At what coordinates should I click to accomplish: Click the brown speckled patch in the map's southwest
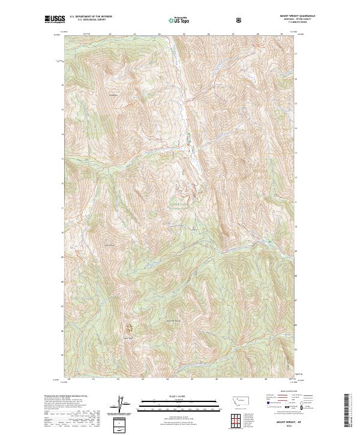tap(130, 328)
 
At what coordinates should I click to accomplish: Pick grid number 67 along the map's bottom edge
tap(241, 379)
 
